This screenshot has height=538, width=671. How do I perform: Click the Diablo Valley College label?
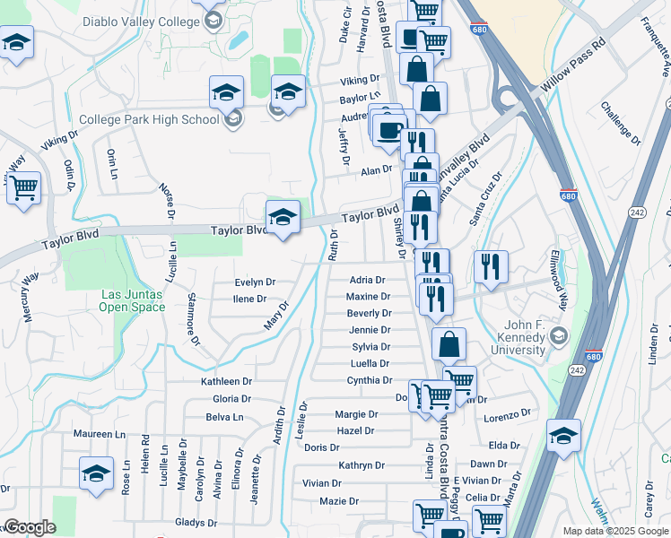click(x=141, y=22)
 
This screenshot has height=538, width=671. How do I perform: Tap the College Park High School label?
click(x=149, y=119)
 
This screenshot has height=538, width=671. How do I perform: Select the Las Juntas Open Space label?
click(x=133, y=300)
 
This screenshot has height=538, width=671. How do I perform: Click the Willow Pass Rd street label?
click(x=575, y=67)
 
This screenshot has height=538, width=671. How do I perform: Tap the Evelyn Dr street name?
click(x=254, y=282)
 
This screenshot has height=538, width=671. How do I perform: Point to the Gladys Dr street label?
click(x=196, y=522)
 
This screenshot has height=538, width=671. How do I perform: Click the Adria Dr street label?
click(x=367, y=280)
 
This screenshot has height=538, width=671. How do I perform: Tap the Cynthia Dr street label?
click(x=369, y=380)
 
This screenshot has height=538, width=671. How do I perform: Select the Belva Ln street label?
click(x=224, y=417)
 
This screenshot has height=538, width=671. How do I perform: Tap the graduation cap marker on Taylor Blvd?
click(x=283, y=217)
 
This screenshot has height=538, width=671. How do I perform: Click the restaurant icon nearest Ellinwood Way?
click(x=491, y=265)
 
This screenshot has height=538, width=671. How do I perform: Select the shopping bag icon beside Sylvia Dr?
click(x=449, y=343)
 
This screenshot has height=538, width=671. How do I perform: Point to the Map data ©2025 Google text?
click(x=614, y=531)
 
